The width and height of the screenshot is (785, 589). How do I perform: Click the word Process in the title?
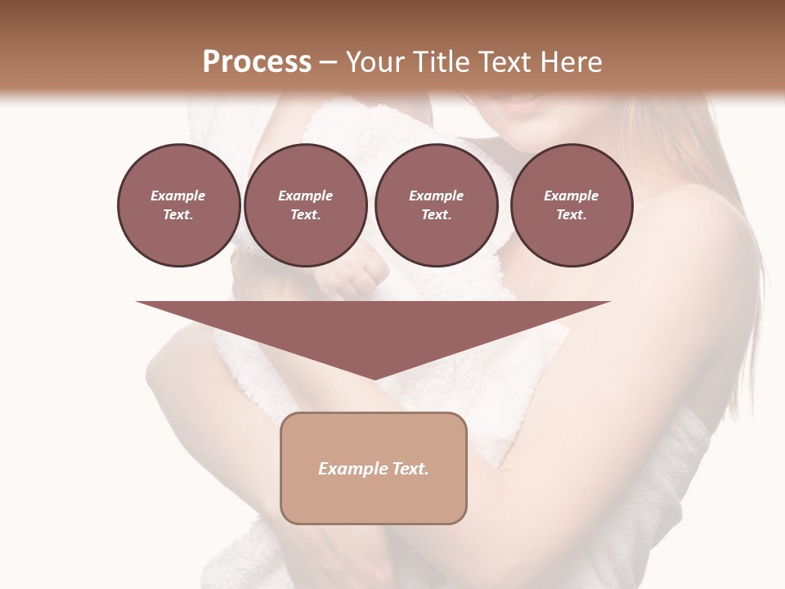click(257, 62)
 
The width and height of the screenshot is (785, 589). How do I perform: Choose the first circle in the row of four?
click(178, 205)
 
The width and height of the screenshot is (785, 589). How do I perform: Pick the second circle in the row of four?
click(305, 205)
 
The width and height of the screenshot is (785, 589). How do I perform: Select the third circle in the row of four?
click(436, 205)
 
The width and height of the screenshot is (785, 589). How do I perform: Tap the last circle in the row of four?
click(571, 205)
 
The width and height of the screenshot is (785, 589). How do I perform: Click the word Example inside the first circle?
click(178, 196)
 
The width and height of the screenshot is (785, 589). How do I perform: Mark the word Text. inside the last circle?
click(571, 215)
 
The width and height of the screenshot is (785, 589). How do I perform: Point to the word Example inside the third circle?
click(436, 196)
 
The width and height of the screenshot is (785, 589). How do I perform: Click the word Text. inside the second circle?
click(305, 215)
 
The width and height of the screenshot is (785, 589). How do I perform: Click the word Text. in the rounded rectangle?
click(410, 469)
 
